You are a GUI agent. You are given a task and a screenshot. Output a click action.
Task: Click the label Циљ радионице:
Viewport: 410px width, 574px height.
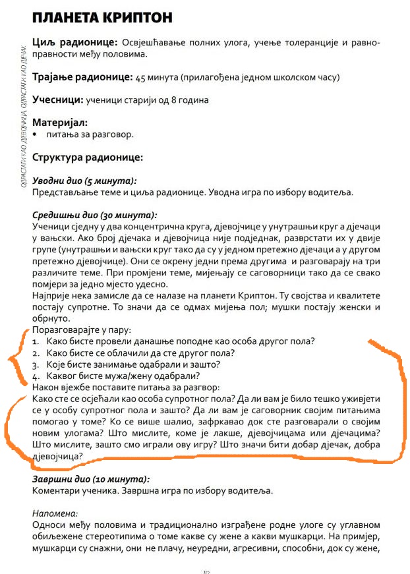[74, 43]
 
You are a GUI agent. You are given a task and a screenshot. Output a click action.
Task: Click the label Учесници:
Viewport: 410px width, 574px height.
[57, 100]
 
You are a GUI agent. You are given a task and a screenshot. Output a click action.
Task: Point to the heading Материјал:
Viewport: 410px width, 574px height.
[60, 123]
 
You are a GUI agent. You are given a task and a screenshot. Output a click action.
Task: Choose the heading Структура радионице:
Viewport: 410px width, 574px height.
[87, 158]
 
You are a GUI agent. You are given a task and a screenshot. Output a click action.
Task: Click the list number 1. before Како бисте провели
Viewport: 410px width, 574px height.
[36, 341]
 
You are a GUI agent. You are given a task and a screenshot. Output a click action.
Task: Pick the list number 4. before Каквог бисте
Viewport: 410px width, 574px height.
[36, 376]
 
